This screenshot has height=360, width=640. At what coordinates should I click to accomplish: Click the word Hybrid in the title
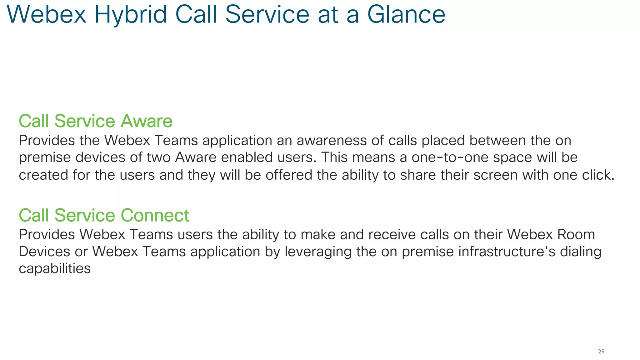pos(131,15)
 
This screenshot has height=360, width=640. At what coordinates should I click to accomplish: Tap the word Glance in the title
pos(406,15)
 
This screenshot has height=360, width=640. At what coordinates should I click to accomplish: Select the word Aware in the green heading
pos(147,121)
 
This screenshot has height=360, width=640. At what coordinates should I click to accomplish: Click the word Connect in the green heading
pos(155,216)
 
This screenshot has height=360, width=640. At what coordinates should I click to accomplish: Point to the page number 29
pos(601,352)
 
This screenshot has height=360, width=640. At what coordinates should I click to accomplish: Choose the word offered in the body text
pos(289,175)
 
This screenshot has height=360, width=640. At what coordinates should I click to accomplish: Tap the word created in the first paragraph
pos(43,175)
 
